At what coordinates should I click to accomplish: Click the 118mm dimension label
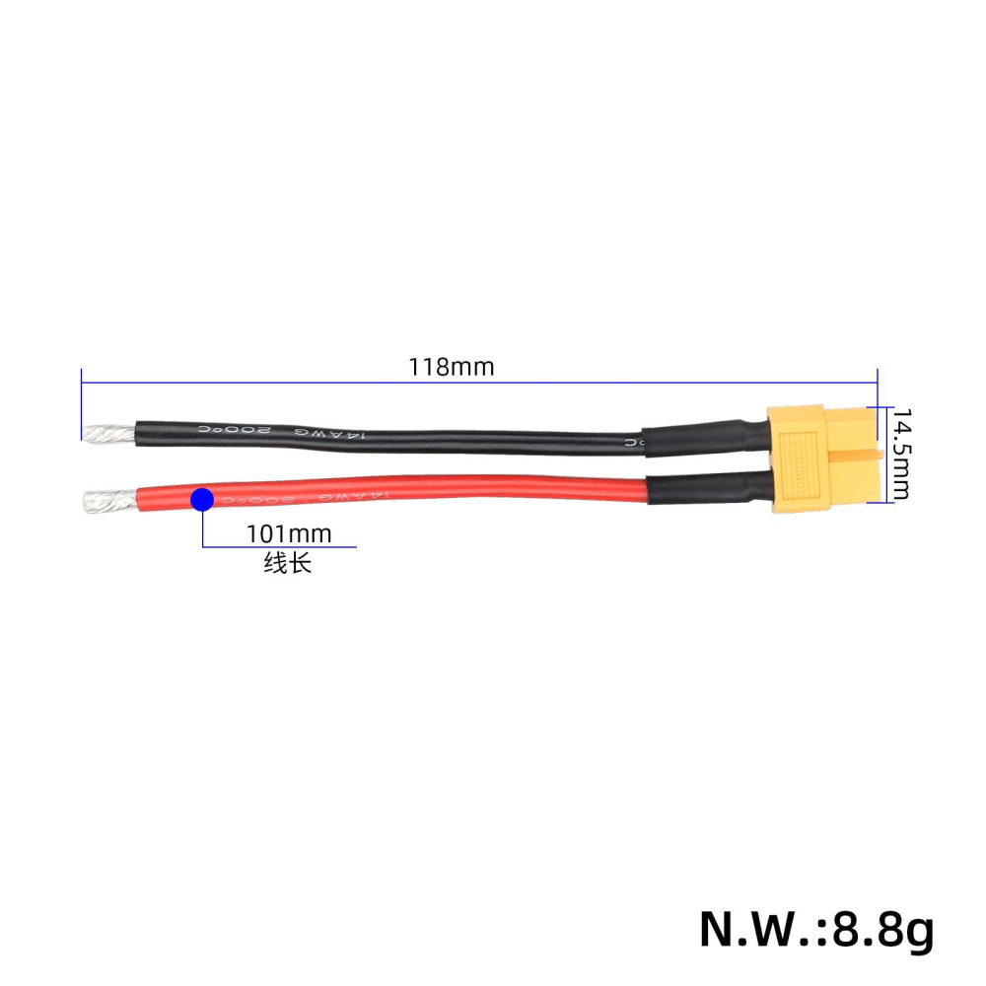(451, 368)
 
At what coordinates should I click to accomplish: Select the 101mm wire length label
(289, 534)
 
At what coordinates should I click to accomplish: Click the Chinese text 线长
(287, 565)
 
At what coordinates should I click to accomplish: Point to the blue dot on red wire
(202, 500)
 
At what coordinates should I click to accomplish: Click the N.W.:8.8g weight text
(816, 928)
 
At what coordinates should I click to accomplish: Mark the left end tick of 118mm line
(81, 404)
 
